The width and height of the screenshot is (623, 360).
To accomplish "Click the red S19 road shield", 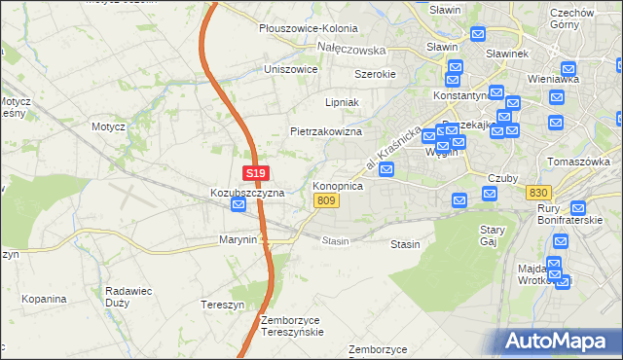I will tap(255, 173).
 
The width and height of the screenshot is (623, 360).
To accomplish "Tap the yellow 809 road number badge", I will tap(327, 200).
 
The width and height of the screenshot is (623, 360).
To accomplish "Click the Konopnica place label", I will tap(338, 185).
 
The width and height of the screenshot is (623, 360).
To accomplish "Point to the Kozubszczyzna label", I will tap(247, 193).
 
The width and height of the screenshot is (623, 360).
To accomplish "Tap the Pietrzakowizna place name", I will tap(326, 131).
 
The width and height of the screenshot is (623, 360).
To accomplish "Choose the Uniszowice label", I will tap(291, 69).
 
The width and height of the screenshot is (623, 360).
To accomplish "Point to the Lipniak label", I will tap(342, 101).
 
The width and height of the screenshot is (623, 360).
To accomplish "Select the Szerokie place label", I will tap(375, 74).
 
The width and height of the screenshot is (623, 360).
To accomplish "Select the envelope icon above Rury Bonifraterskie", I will tap(578, 207).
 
